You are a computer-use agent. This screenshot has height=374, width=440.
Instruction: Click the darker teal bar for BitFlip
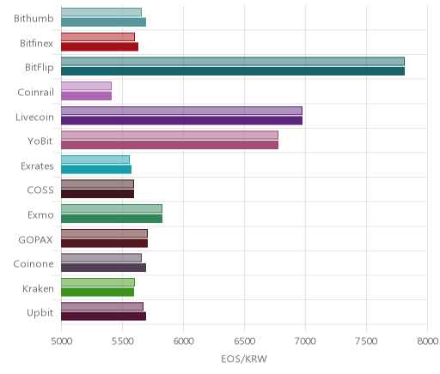coord(233,71)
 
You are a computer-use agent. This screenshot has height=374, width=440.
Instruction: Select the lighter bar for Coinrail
coord(86,86)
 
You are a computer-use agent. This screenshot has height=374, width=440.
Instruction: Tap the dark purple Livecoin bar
coord(181,120)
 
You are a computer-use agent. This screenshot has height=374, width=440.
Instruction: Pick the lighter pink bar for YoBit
coord(169,135)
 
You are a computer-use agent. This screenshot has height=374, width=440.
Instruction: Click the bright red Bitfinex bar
coord(100,46)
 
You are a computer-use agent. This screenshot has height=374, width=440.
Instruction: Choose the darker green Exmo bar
coord(112,219)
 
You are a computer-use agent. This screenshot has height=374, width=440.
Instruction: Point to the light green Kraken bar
coord(98,282)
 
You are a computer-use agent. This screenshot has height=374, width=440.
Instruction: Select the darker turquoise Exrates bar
coord(96,170)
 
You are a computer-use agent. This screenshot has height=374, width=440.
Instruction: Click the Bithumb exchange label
coord(34,18)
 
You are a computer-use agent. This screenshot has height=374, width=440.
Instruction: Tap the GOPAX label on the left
coord(35,239)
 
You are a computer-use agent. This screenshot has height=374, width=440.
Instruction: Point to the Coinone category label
coord(34,263)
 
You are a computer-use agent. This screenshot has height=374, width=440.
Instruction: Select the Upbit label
coord(40,313)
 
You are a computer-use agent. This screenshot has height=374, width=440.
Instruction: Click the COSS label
coord(40,190)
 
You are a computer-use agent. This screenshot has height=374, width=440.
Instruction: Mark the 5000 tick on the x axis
coord(62,341)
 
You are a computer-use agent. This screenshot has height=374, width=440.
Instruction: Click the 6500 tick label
coord(244,341)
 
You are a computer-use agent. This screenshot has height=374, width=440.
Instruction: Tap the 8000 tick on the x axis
coord(427,341)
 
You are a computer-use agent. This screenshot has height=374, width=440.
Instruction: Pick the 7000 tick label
coord(305,341)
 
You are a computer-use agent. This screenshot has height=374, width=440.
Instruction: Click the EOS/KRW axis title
coord(244,359)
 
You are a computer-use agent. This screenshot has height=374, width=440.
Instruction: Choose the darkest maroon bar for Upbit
coord(104,317)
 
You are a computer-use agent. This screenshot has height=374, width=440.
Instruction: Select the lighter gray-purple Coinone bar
coord(101,257)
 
